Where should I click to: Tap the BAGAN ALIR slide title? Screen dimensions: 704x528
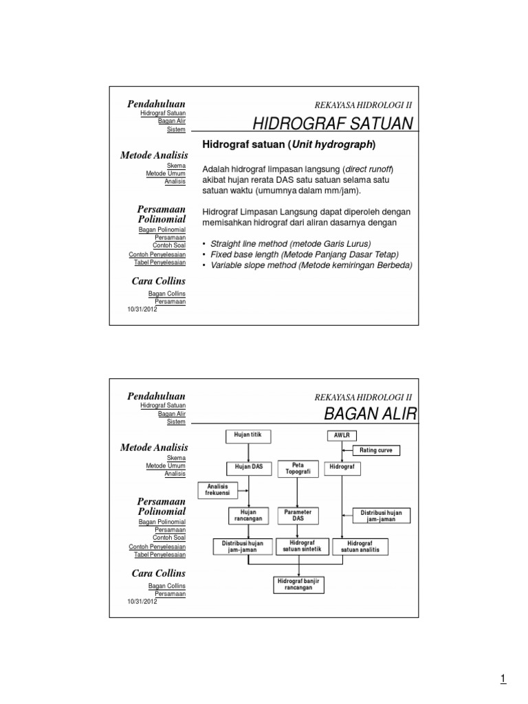tap(370, 415)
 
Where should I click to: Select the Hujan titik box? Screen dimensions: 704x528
tap(248, 435)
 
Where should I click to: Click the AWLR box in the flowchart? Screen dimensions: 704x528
tap(342, 435)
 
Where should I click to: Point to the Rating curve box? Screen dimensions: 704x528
tap(377, 451)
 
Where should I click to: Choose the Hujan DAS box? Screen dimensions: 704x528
tap(248, 467)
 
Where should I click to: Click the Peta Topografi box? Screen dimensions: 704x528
tap(297, 468)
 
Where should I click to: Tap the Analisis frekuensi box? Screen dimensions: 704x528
tap(217, 489)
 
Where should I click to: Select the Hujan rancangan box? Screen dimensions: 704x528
tap(248, 515)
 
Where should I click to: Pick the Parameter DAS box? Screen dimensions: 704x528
tap(297, 515)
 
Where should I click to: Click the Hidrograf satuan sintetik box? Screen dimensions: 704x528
tap(297, 547)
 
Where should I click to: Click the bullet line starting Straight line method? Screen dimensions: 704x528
tap(291, 244)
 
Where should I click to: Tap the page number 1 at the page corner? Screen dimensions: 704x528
tap(503, 680)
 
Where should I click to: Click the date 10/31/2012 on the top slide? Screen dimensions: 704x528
tap(142, 309)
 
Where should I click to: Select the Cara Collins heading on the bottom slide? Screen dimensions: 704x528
tap(158, 573)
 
